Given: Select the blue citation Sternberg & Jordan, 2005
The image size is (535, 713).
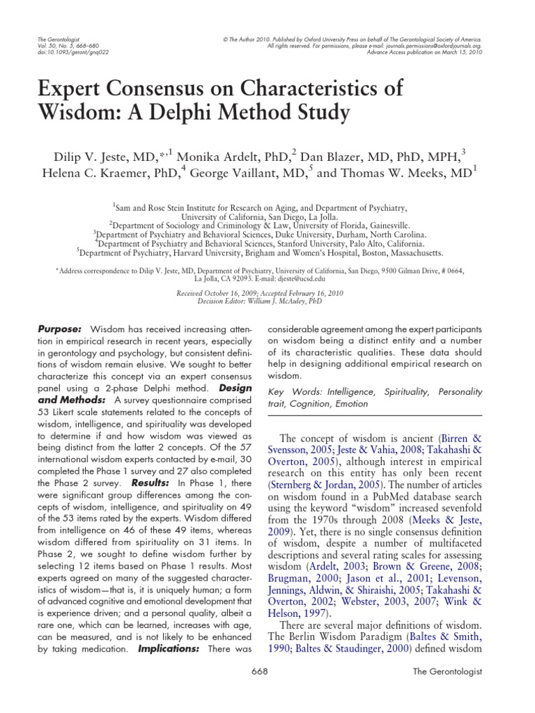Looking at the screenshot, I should pyautogui.click(x=327, y=480).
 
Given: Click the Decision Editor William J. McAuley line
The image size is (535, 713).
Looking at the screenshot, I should pyautogui.click(x=267, y=301).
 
